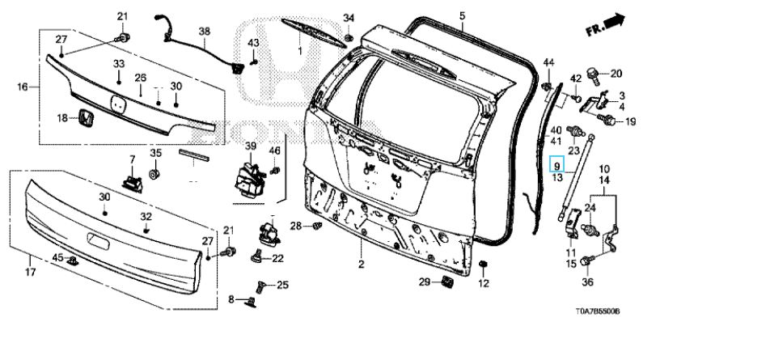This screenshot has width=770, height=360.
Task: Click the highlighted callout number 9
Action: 556,165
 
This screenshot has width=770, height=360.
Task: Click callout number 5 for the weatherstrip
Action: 463,15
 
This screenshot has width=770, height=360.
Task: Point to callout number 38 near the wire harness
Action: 204,32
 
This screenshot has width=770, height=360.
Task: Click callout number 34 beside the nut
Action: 349,18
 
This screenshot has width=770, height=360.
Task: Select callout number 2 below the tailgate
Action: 362,265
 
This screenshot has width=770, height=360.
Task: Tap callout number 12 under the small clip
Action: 484,283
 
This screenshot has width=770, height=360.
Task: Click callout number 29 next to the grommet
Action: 424,282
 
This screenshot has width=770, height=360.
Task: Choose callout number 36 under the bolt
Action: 588,282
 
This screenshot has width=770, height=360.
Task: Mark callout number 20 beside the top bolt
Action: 616,73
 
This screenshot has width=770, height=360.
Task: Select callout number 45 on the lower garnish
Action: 57,257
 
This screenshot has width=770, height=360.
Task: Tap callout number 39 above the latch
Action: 251,146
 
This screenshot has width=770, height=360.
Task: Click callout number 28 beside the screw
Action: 296,225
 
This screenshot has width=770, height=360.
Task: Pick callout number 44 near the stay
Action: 548,62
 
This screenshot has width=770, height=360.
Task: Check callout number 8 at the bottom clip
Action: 231,299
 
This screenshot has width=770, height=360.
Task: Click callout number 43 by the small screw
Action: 253,43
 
